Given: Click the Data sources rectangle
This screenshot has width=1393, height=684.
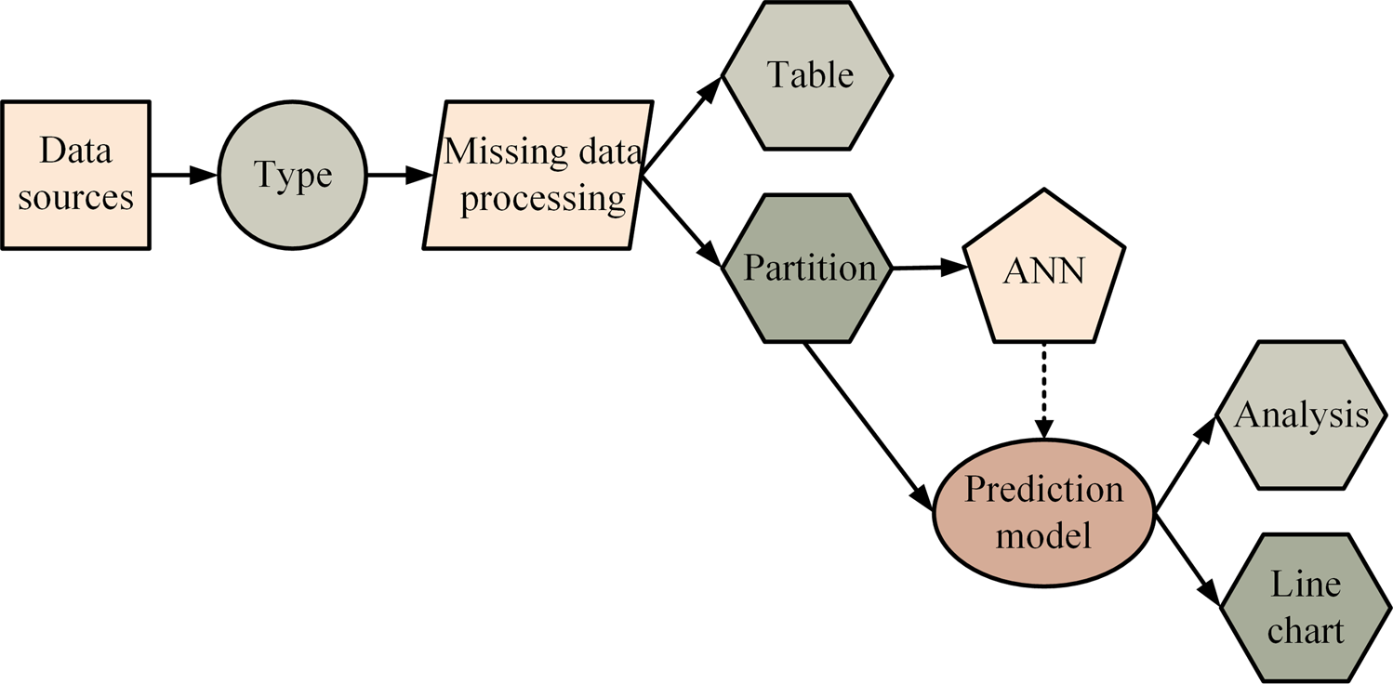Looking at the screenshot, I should pos(75,174).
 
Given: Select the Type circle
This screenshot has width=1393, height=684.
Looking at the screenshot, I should pos(293,175).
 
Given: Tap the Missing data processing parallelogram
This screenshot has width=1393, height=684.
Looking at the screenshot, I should pos(537,175).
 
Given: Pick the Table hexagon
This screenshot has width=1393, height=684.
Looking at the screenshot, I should pos(808,75).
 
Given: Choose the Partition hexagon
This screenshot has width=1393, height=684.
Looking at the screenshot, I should pos(808,269).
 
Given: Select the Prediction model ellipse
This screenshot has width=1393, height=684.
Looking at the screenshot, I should pos(1043,511).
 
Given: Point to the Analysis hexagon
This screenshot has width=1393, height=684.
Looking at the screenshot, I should pos(1301,415).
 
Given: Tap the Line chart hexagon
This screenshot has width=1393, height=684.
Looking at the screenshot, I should pos(1306,608).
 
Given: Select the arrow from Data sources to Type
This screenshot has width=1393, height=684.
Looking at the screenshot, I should pos(183,174).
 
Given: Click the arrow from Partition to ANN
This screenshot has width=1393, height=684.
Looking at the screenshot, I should pos(926,269).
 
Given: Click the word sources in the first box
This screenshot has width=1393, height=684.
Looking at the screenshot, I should pos(76,198).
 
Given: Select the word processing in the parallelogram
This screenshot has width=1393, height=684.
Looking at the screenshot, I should pos(543,199).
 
